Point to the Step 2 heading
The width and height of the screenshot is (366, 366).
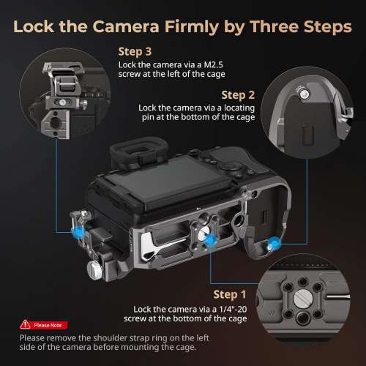click(238, 95)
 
